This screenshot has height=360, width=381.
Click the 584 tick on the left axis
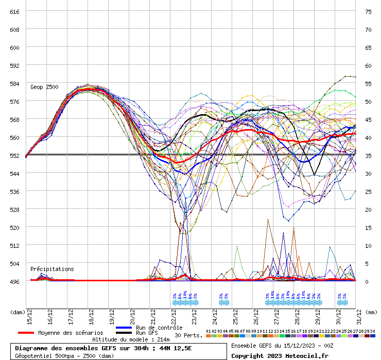click(x=15, y=83)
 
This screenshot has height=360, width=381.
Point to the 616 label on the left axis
click(x=15, y=11)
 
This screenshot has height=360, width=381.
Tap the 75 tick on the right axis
click(x=368, y=11)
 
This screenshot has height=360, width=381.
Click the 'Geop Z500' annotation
click(x=44, y=87)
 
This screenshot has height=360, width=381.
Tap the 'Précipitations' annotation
click(x=52, y=269)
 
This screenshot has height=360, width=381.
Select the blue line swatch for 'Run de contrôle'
click(x=125, y=328)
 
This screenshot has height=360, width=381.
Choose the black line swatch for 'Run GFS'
click(x=125, y=333)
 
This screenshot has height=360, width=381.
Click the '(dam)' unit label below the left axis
click(x=18, y=312)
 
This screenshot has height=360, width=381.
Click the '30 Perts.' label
click(x=188, y=335)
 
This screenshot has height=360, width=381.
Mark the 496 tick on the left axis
click(x=15, y=281)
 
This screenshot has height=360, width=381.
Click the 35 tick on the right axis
click(x=368, y=155)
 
